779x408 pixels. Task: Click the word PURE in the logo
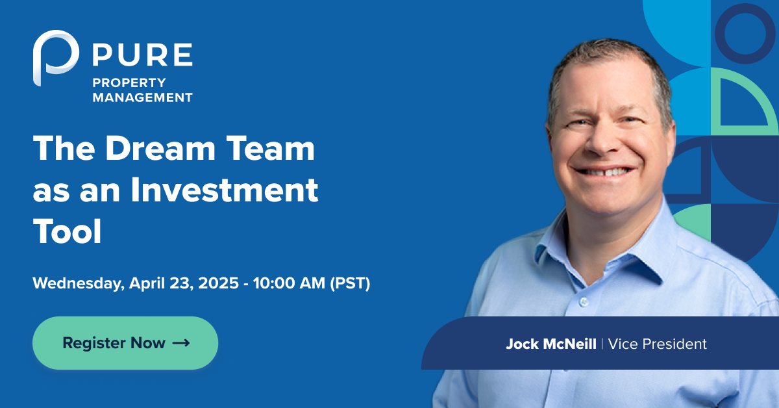143,55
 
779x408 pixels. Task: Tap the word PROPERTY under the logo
129,83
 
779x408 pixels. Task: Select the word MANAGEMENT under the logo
143,97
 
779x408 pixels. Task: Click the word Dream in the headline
160,148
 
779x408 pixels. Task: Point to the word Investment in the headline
225,190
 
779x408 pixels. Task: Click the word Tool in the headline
67,231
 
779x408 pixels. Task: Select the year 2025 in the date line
218,283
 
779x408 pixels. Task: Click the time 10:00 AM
289,283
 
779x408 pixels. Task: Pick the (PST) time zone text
350,283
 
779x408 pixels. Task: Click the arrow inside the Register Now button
181,343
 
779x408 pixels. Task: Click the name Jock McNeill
551,344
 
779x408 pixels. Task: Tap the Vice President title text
657,344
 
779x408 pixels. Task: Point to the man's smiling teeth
604,172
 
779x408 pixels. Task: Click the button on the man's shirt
584,302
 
